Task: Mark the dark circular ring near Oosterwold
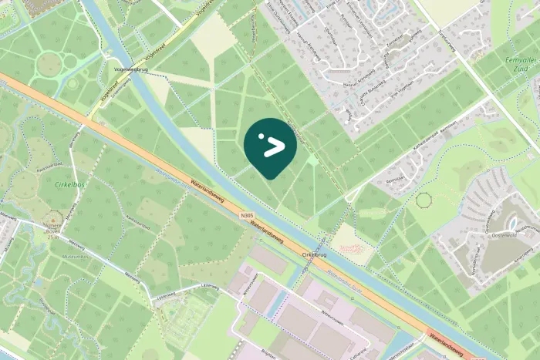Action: pyautogui.click(x=424, y=200)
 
